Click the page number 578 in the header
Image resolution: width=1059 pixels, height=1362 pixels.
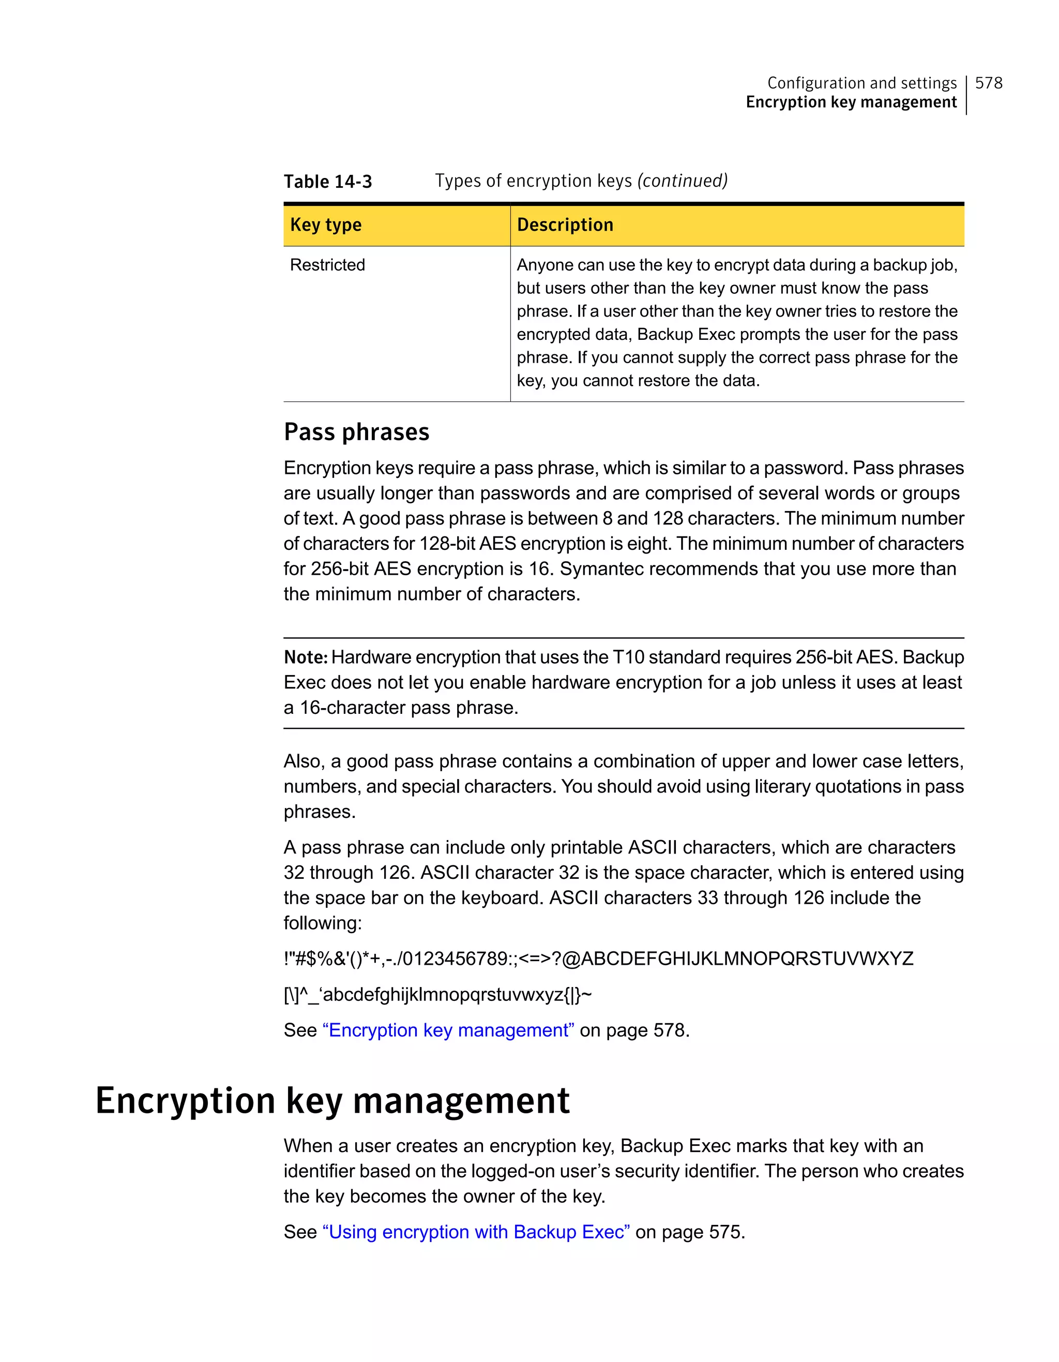click(989, 83)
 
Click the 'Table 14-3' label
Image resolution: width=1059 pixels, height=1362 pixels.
click(328, 182)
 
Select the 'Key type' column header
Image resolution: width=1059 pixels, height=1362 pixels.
click(326, 224)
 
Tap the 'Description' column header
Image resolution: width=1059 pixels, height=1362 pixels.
click(565, 224)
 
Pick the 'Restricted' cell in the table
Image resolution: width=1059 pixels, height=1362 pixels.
click(328, 265)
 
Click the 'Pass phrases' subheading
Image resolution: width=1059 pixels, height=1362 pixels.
click(356, 432)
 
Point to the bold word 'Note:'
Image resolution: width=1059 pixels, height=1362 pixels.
click(306, 657)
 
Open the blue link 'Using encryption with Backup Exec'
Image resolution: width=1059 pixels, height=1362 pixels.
click(476, 1232)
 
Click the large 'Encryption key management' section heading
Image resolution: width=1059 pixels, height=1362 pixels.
click(332, 1100)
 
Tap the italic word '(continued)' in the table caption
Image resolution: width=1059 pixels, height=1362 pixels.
click(682, 181)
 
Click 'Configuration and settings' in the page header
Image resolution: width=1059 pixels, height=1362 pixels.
click(861, 83)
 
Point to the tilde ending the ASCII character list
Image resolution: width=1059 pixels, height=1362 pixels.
click(586, 994)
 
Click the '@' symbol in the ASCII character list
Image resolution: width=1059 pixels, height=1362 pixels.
click(570, 959)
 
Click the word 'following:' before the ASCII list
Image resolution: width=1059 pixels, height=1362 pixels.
click(323, 923)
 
